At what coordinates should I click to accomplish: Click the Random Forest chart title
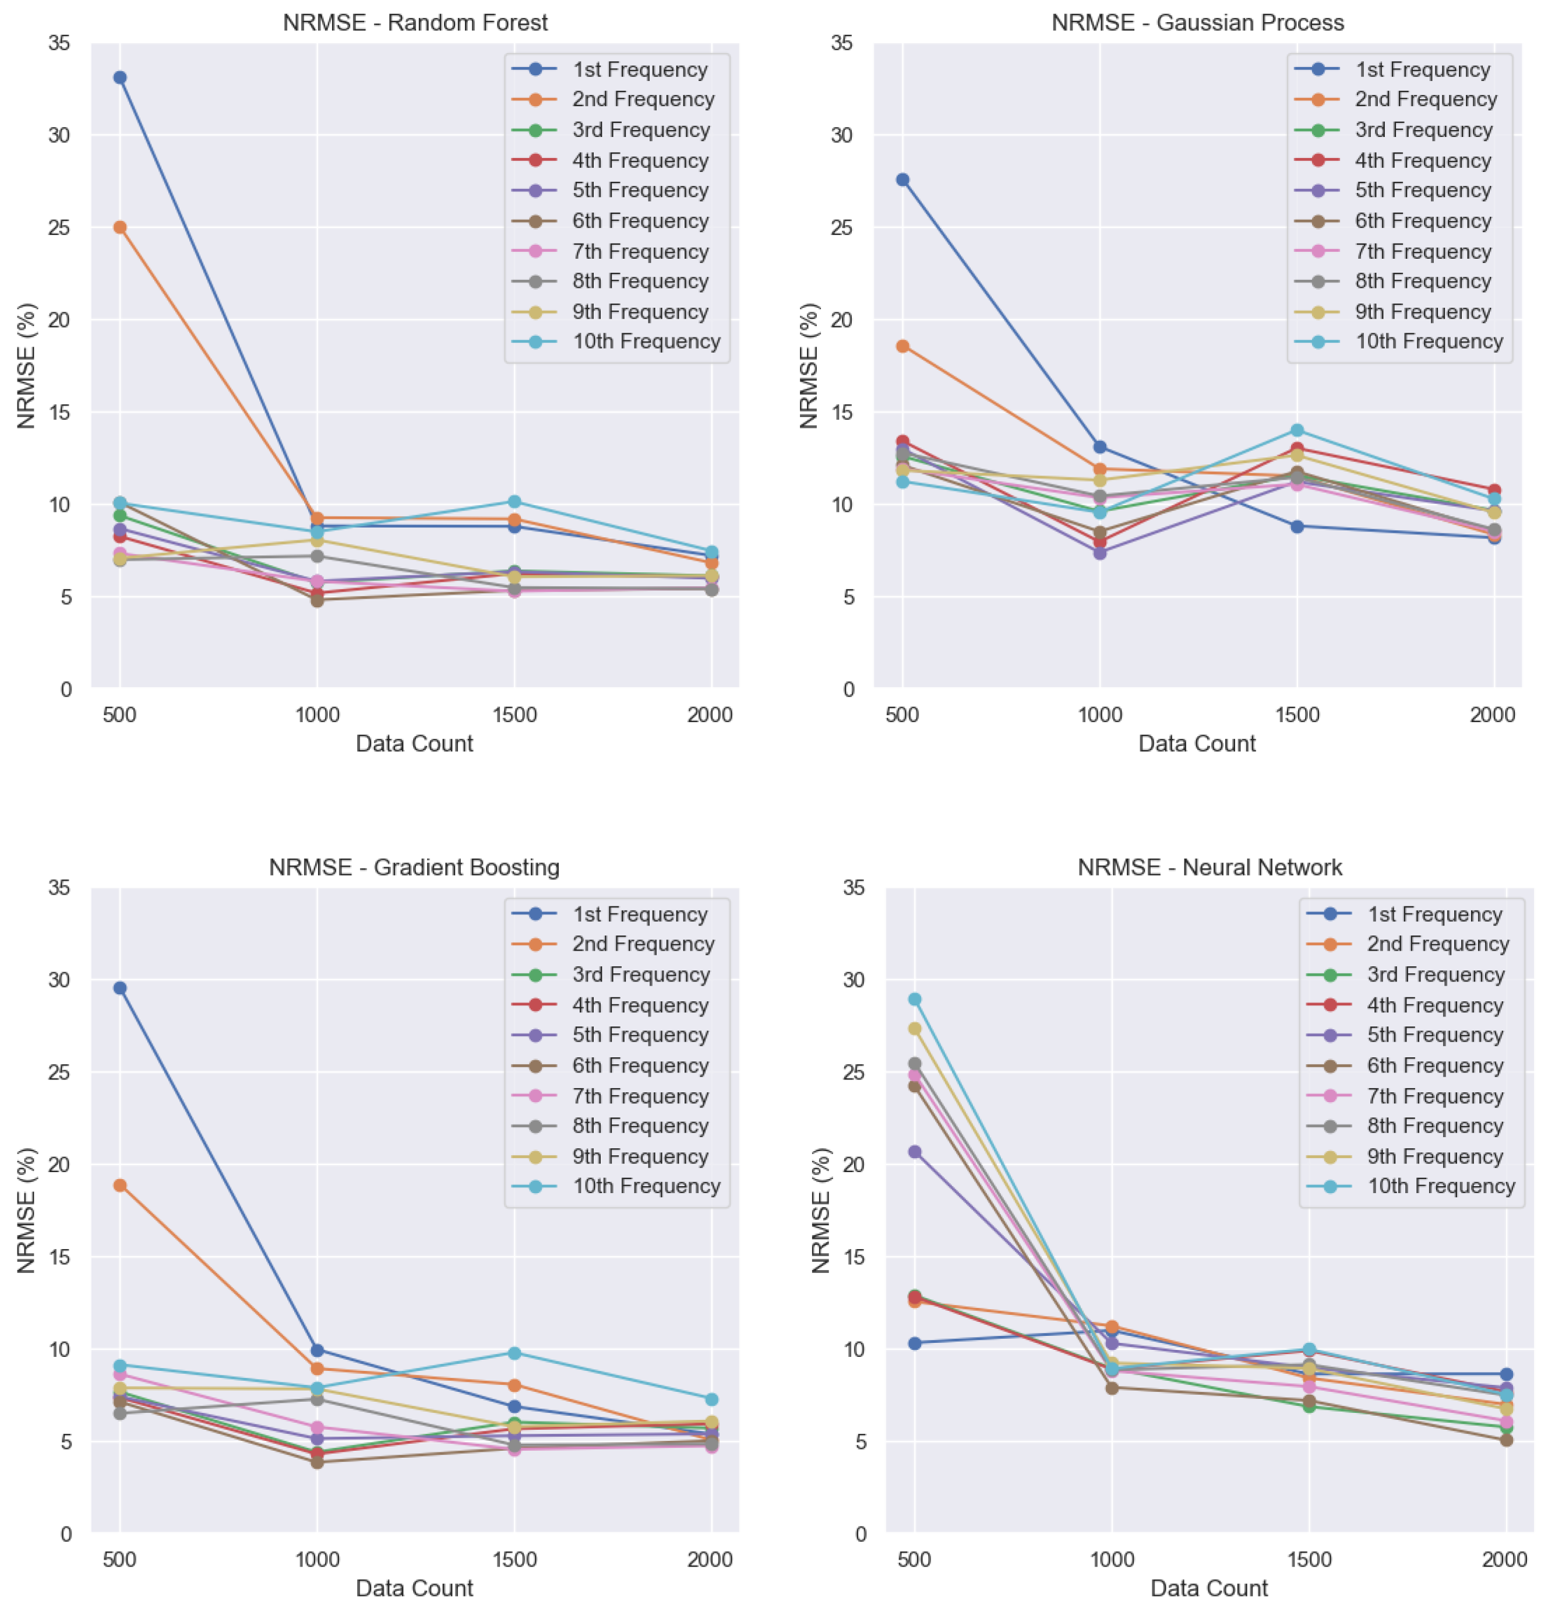415,22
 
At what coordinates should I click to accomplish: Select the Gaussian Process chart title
1197,22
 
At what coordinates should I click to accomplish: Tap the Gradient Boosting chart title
415,867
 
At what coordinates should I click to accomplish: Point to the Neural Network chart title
1210,867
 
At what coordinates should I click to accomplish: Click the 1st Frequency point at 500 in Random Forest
120,78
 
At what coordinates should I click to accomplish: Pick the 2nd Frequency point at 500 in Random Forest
120,227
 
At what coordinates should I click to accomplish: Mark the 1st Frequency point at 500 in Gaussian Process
902,179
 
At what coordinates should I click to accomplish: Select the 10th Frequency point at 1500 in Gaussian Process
1296,430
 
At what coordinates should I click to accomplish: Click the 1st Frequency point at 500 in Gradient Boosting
120,988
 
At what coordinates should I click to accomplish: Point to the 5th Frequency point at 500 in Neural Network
915,1152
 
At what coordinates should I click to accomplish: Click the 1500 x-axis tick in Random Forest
514,714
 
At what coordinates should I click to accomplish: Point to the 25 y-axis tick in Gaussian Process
841,227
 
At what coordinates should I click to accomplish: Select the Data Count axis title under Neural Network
1210,1588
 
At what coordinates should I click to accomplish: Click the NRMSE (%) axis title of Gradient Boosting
27,1211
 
